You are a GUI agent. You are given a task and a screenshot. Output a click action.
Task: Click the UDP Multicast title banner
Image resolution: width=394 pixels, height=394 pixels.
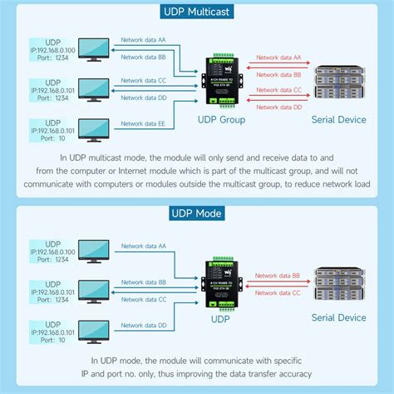(197, 12)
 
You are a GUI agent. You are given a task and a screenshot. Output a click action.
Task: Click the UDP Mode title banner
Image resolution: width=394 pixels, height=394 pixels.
(197, 213)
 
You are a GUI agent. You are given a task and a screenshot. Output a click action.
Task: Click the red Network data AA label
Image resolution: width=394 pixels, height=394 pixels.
(278, 57)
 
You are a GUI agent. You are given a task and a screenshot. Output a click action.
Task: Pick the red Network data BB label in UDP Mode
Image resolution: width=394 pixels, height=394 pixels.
(277, 275)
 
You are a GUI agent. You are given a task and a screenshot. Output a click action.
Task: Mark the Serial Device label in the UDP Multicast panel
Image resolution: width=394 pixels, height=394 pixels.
(338, 119)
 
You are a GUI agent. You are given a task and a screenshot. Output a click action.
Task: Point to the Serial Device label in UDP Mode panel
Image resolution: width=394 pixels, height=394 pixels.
(338, 317)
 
